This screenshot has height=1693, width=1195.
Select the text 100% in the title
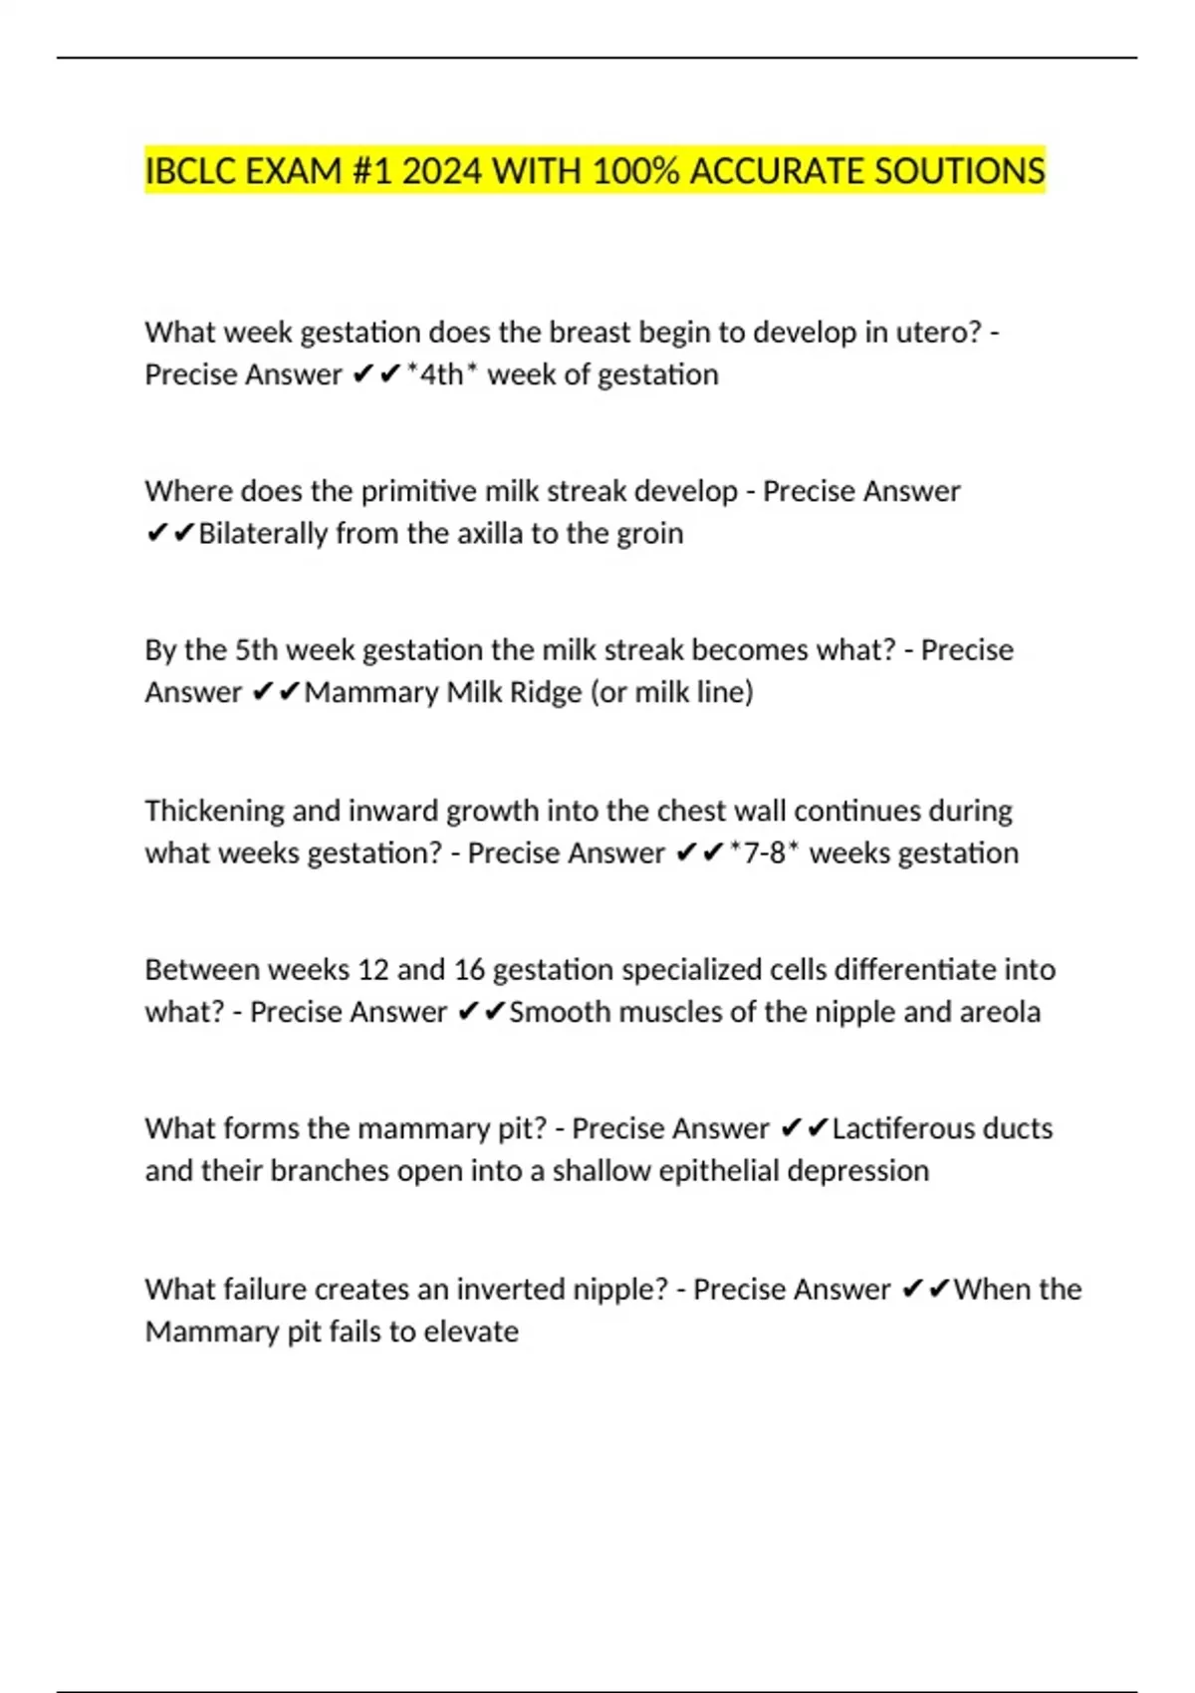[x=635, y=171]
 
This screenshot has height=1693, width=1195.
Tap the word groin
[x=649, y=534]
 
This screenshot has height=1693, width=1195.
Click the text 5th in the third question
[x=256, y=650]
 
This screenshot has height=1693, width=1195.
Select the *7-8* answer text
[x=764, y=853]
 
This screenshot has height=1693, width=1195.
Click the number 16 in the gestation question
[x=469, y=970]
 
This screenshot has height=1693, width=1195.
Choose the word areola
[x=1000, y=1012]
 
